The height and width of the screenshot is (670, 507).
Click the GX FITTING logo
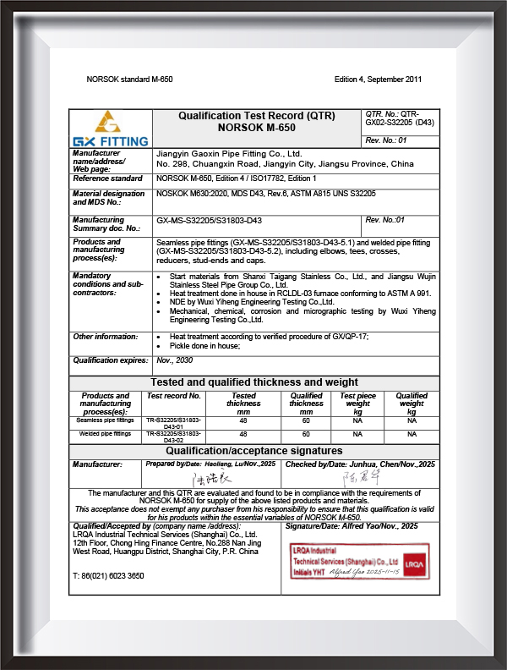111,129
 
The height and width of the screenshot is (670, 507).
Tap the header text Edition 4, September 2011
378,80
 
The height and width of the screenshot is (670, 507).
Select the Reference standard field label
107,179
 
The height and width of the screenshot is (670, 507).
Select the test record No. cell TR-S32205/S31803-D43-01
174,423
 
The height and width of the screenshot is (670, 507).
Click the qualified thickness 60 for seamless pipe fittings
306,420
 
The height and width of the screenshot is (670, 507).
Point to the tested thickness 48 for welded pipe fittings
243,433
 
